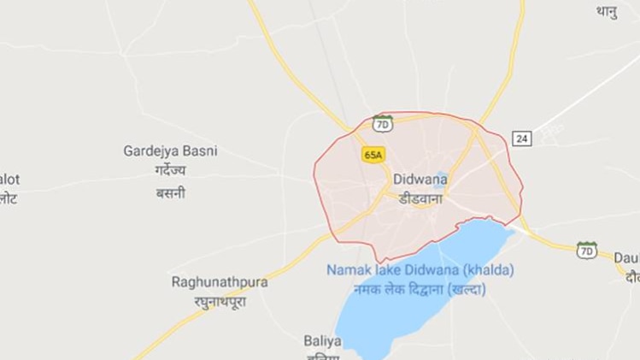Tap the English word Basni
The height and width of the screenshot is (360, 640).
pos(202,151)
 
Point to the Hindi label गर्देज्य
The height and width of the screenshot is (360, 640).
pos(171,172)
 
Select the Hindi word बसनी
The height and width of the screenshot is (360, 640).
pos(171,193)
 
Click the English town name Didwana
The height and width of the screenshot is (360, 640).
pos(420,180)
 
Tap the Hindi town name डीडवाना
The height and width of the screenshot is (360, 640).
pos(420,198)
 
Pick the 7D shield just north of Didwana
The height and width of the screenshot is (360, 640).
pos(383,124)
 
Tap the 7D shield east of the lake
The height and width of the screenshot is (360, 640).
pos(586,251)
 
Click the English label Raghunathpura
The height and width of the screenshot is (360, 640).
pos(220,280)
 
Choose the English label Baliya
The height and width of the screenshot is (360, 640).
pos(322,340)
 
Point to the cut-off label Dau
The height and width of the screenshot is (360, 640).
pos(626,257)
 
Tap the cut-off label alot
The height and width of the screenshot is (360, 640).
pos(9,179)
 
